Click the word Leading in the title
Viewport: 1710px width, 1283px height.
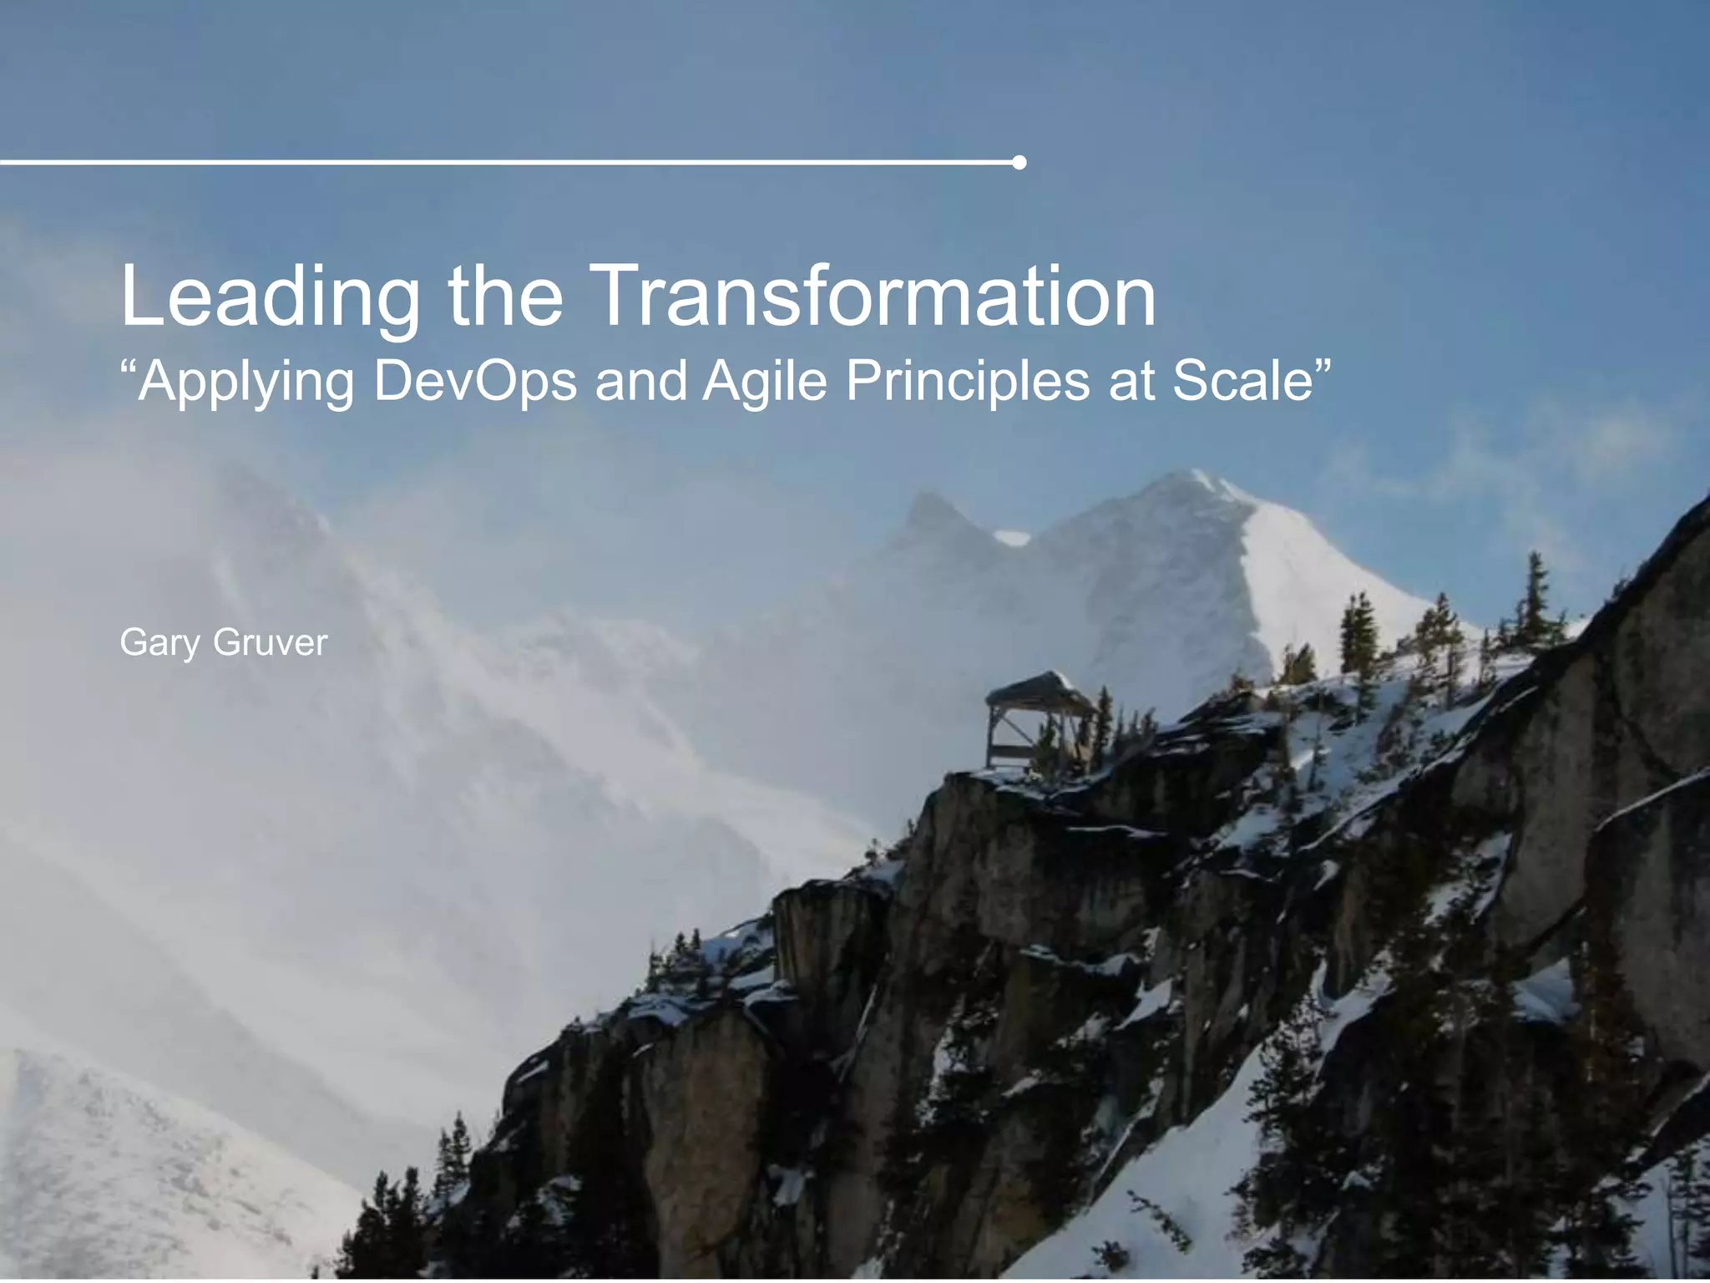(270, 297)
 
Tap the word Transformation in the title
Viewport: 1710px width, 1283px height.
(877, 296)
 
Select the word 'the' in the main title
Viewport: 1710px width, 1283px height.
(505, 296)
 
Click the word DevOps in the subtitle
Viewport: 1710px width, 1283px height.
(475, 381)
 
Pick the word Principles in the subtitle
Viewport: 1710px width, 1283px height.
(968, 381)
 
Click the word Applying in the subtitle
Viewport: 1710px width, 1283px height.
(246, 383)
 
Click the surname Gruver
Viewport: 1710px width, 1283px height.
(270, 642)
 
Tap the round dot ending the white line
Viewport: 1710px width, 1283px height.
(1019, 162)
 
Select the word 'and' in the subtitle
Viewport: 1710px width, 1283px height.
(640, 381)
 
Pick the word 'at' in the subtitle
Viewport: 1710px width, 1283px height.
(1130, 381)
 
